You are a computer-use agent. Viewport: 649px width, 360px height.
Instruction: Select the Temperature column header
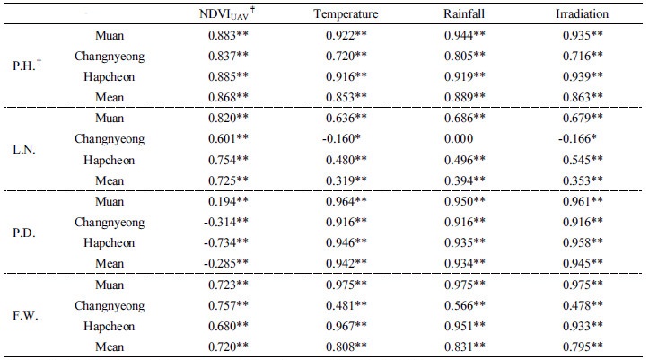pos(346,13)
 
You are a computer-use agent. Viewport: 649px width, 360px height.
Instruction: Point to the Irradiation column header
pos(582,13)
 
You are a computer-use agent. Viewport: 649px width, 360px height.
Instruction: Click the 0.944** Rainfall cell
pos(464,35)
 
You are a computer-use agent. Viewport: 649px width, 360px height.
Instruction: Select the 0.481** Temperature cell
pos(346,306)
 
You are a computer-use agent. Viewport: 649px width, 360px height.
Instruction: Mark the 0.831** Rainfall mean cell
pos(464,347)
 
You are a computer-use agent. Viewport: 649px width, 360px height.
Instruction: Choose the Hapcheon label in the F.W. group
pos(109,326)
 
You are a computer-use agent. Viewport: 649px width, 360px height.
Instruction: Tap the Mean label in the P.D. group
pos(109,263)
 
